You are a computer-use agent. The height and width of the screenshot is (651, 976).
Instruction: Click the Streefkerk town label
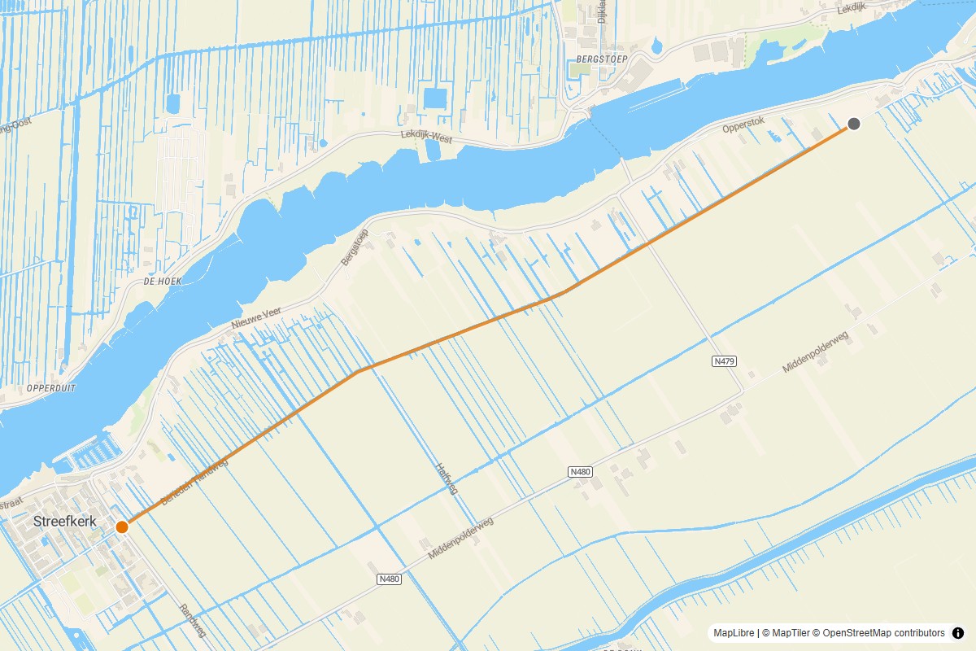[x=64, y=521]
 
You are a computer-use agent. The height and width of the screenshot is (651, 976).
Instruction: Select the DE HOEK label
[x=162, y=281]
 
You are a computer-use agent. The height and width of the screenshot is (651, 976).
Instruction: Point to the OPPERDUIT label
[x=51, y=388]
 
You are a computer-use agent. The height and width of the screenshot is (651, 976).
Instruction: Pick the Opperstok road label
[x=743, y=129]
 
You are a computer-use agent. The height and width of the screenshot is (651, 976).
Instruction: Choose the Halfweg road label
[x=447, y=479]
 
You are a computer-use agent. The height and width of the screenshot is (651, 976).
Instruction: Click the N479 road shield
[x=724, y=360]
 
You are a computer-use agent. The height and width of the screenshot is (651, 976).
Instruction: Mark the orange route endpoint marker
[x=122, y=526]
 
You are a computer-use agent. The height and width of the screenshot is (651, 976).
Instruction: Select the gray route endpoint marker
[x=854, y=124]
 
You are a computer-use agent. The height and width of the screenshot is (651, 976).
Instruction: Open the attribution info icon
[x=958, y=633]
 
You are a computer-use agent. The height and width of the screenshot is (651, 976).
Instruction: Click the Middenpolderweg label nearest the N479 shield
[x=815, y=352]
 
